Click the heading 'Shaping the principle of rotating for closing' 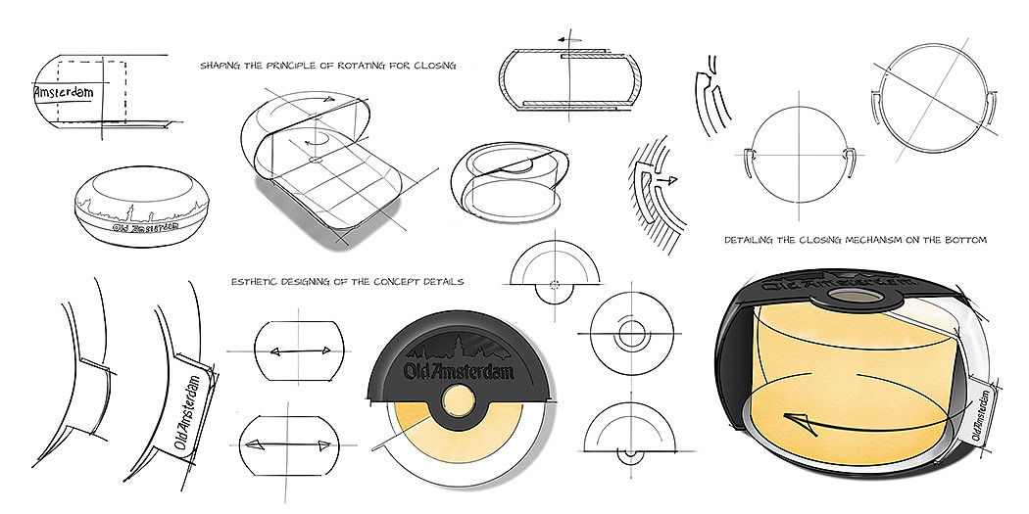[x=328, y=66]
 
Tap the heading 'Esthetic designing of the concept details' [x=347, y=282]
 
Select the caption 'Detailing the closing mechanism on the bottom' [x=856, y=239]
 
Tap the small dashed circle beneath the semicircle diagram [x=556, y=286]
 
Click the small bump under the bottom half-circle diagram [x=628, y=454]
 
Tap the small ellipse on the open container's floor [x=317, y=157]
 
